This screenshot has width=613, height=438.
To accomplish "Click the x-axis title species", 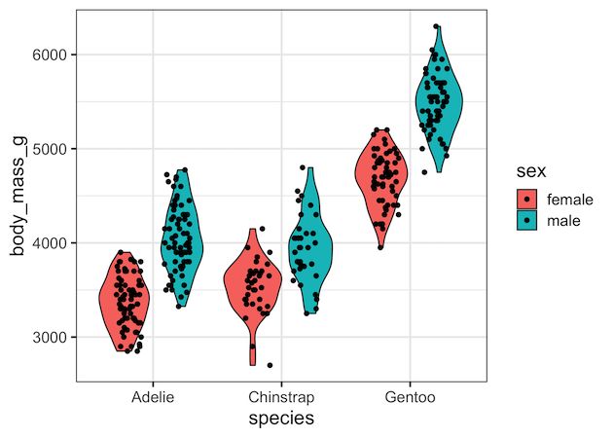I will point(280,419).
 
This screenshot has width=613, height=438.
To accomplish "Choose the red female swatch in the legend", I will point(526,199).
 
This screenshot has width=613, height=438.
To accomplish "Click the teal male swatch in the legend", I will point(526,221).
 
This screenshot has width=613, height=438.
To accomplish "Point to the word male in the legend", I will point(564,221).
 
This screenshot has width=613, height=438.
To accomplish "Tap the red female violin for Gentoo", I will point(382,175).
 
